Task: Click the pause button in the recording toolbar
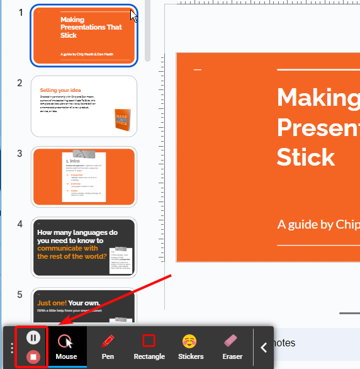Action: (x=34, y=338)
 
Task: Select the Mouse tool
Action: (x=66, y=346)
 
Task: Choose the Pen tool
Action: (x=108, y=346)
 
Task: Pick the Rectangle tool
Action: (x=149, y=346)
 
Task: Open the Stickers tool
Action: (x=190, y=346)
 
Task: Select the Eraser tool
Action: (x=232, y=346)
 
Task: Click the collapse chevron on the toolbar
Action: (x=264, y=347)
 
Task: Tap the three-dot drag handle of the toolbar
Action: (x=11, y=347)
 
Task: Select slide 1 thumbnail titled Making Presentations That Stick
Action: (x=84, y=35)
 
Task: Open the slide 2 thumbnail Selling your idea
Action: (x=84, y=106)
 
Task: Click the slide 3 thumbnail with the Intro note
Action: (x=84, y=178)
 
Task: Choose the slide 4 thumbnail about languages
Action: (x=84, y=247)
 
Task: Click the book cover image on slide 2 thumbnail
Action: (x=122, y=120)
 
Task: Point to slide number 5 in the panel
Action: (x=20, y=295)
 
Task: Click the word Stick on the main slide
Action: (x=305, y=156)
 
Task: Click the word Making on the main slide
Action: (x=318, y=98)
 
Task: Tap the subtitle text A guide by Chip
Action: (x=318, y=224)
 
